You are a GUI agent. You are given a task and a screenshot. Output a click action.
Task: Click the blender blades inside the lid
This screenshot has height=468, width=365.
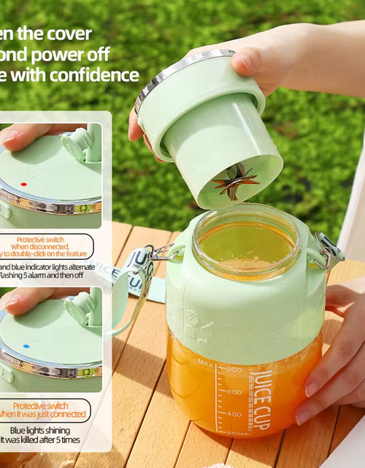[x=235, y=180]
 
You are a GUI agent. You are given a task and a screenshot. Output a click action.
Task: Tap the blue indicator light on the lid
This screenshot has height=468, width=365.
[x=26, y=345]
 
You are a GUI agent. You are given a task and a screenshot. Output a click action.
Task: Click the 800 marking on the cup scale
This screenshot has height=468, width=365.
[x=234, y=369]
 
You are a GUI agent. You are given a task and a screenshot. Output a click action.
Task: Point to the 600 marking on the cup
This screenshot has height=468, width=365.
[x=234, y=391]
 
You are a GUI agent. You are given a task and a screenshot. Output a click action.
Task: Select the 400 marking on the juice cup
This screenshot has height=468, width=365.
[x=234, y=413]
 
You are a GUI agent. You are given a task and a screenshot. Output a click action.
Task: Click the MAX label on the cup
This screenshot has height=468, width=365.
[x=205, y=363]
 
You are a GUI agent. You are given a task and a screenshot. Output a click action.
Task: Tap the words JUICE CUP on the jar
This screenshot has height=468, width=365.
[x=261, y=400]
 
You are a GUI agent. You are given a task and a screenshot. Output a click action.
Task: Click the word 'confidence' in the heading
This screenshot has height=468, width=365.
[x=96, y=74]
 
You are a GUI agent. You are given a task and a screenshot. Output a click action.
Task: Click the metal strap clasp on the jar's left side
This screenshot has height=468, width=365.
[x=165, y=253]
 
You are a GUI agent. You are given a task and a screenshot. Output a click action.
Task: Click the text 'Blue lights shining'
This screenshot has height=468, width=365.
[x=52, y=430]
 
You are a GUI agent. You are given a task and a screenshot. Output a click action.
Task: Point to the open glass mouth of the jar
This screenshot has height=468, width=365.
[x=246, y=241]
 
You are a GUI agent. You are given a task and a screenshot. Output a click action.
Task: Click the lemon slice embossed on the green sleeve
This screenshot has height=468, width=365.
[x=191, y=321]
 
